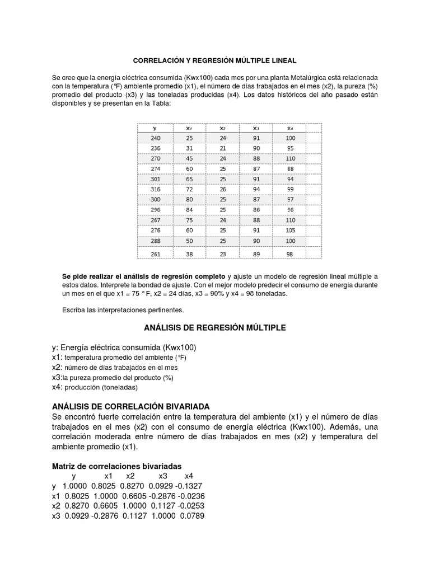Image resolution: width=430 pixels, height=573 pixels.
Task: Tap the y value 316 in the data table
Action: tap(155, 190)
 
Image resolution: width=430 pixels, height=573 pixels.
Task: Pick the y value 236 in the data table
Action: tap(155, 148)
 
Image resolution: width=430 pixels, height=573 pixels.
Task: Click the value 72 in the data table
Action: tap(189, 190)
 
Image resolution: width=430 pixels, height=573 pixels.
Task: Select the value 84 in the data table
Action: tap(189, 210)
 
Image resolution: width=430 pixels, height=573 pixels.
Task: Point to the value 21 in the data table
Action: tap(222, 148)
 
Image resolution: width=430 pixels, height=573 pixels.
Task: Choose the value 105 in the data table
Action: tap(289, 229)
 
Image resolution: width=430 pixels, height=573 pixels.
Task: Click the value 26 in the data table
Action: tap(222, 190)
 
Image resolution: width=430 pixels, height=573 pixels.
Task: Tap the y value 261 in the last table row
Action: tap(155, 253)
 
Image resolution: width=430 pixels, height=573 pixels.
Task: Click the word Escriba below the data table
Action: tap(75, 309)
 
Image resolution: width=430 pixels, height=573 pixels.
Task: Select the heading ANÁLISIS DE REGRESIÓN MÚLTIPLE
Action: tap(215, 327)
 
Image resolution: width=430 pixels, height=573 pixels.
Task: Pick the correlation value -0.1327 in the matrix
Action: tap(189, 486)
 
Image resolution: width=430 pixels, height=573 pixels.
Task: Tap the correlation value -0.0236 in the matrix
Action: tap(189, 496)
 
